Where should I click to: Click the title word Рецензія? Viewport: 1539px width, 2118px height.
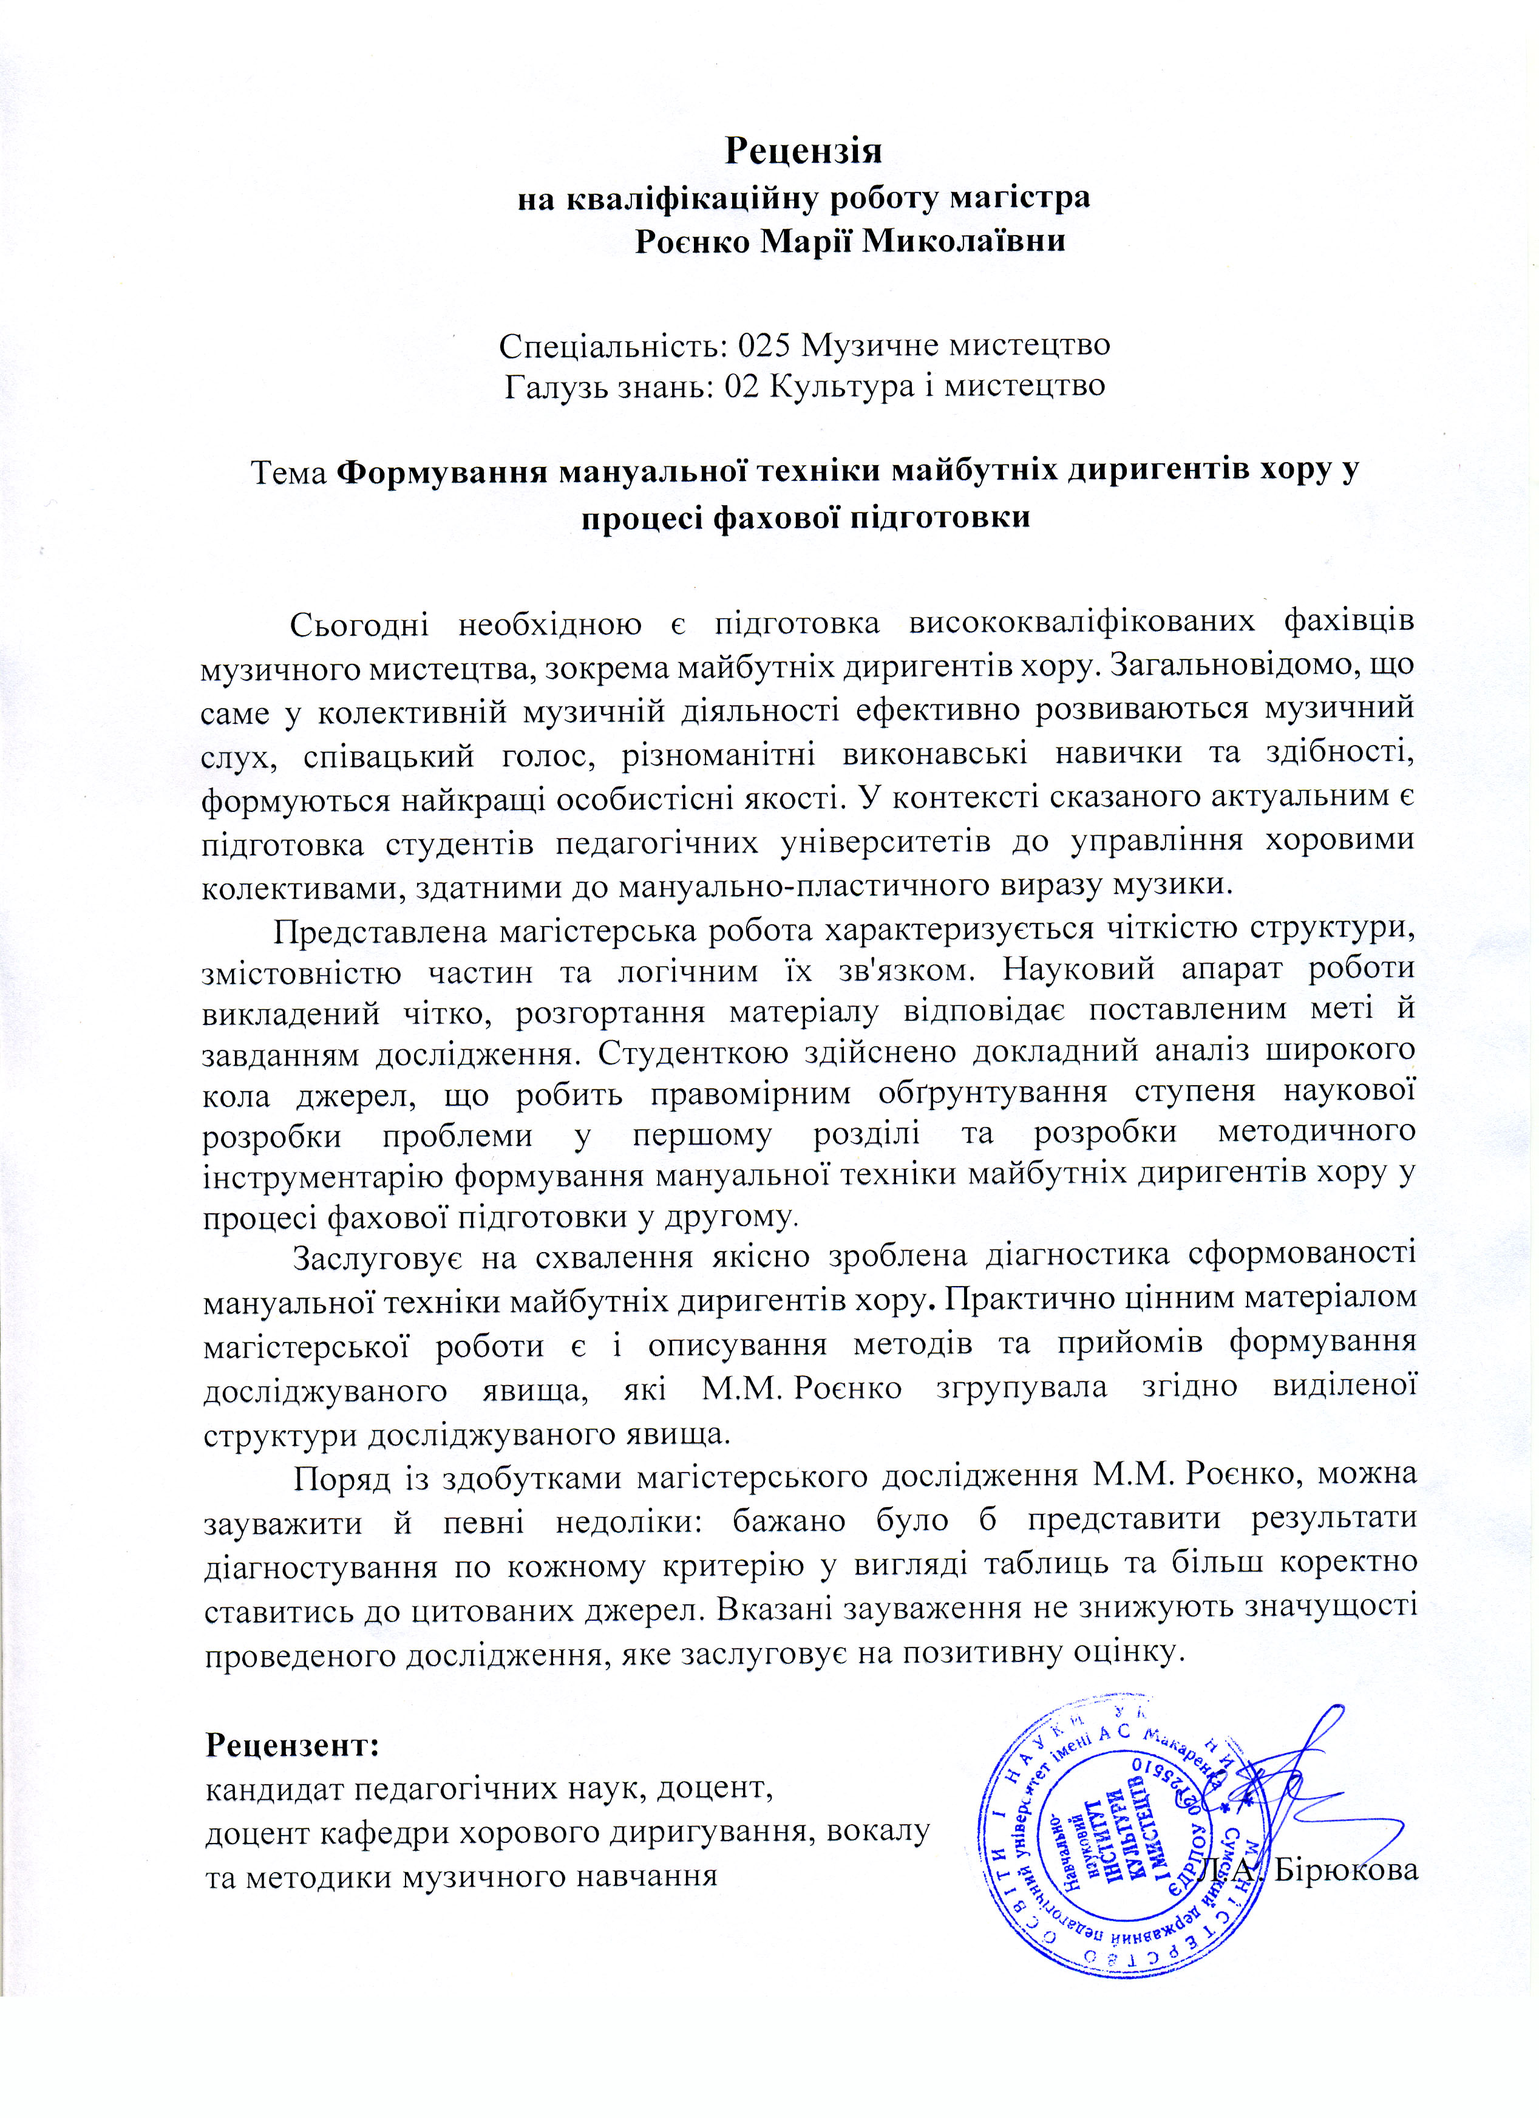pyautogui.click(x=803, y=149)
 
